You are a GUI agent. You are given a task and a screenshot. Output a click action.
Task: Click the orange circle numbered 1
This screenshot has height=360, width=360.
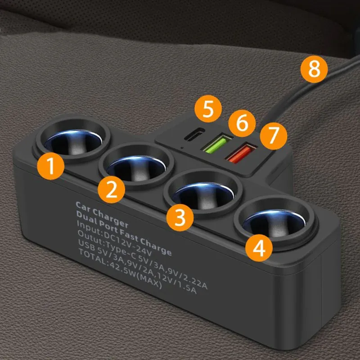(x=51, y=166)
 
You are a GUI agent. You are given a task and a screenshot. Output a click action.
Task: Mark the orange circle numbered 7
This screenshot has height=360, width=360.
(x=274, y=136)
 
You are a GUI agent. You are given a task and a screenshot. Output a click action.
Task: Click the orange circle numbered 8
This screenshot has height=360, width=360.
(x=314, y=69)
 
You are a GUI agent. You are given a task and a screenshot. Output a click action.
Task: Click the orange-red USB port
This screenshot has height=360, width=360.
(x=241, y=152)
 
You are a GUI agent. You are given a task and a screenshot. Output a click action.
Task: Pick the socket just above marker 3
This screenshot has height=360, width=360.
(x=204, y=191)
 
